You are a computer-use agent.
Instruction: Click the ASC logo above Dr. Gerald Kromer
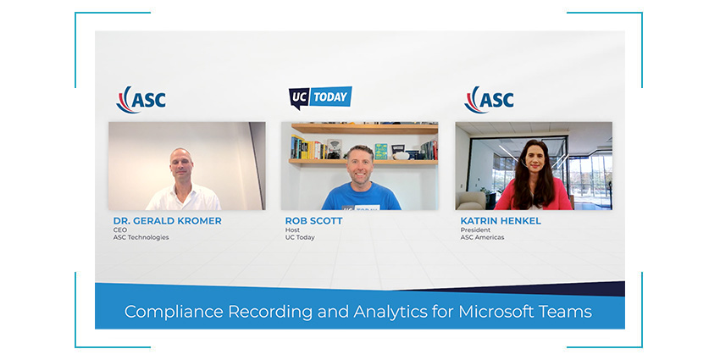(141, 99)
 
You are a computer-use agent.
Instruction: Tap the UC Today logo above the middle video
(320, 97)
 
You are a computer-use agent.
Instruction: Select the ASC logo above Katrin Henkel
(489, 99)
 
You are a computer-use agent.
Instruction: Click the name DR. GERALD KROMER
(167, 221)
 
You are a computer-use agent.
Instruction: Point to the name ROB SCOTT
(313, 221)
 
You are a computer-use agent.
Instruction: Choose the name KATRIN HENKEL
(501, 221)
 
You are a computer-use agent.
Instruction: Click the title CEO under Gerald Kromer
(119, 230)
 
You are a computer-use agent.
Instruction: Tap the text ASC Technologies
(141, 237)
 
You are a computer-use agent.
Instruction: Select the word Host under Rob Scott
(292, 230)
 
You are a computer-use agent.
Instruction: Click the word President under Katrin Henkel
(475, 230)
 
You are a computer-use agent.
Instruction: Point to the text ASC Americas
(482, 237)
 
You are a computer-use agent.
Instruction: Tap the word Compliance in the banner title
(174, 313)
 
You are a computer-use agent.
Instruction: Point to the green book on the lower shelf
(380, 152)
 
